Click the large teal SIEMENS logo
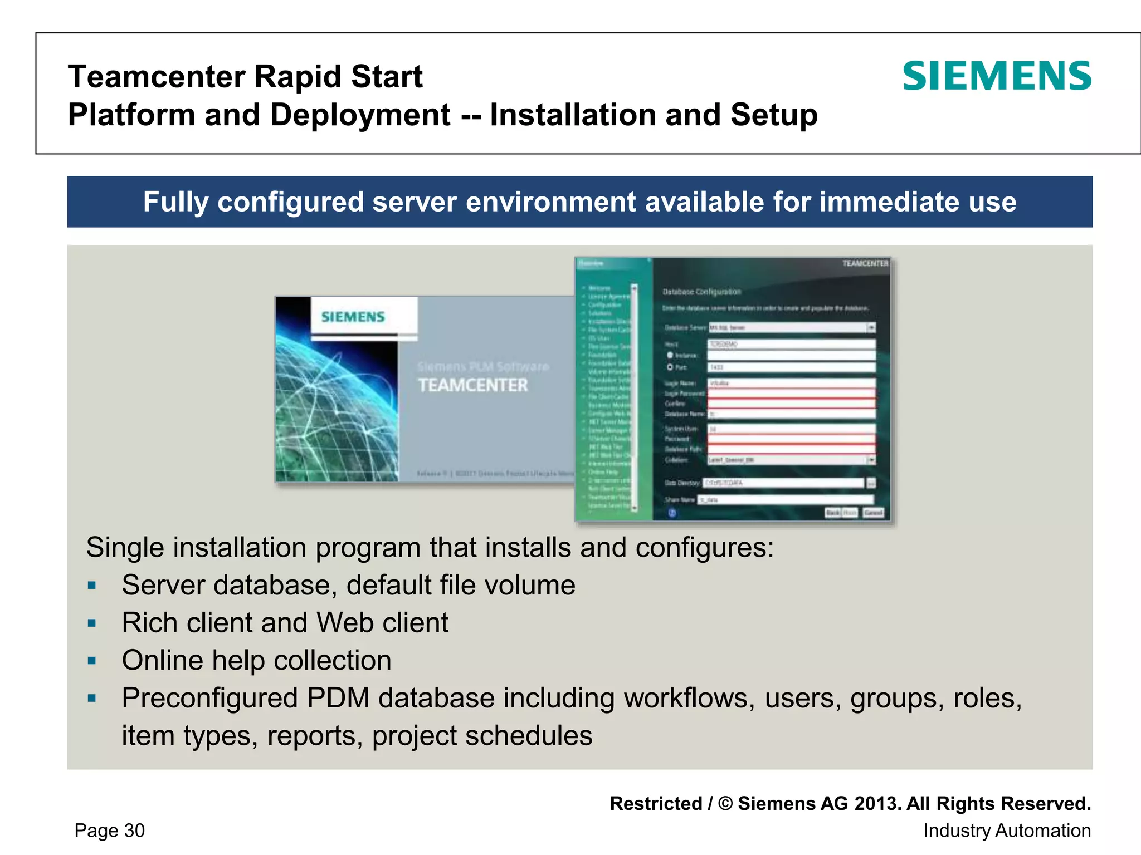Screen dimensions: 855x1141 pos(997,76)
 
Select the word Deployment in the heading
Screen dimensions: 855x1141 pos(360,115)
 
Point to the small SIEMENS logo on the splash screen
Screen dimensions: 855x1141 pos(353,317)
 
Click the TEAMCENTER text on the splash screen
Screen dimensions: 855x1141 pos(472,385)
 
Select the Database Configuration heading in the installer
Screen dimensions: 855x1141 pos(701,292)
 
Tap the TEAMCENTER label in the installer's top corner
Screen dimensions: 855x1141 pos(865,263)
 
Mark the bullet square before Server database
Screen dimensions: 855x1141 pos(92,586)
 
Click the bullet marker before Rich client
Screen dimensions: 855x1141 pos(92,623)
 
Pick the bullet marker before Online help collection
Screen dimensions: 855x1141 pos(92,661)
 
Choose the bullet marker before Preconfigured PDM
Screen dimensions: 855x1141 pos(92,698)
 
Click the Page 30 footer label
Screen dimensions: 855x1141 pos(110,830)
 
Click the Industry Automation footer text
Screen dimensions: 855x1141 pos(1007,830)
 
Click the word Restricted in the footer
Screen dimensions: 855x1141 pos(656,803)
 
